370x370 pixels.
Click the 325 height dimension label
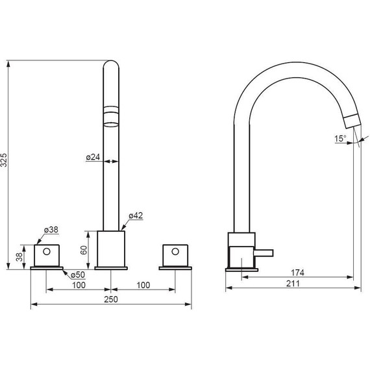click(5, 160)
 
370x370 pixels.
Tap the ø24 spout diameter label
click(93, 157)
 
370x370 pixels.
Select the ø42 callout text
click(136, 216)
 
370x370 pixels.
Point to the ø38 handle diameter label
click(51, 230)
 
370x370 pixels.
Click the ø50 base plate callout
click(78, 275)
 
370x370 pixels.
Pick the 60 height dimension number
click(84, 250)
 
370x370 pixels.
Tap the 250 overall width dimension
click(111, 299)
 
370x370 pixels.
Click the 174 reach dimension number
click(297, 273)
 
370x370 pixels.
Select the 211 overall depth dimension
click(293, 284)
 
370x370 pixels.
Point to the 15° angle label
click(340, 138)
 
